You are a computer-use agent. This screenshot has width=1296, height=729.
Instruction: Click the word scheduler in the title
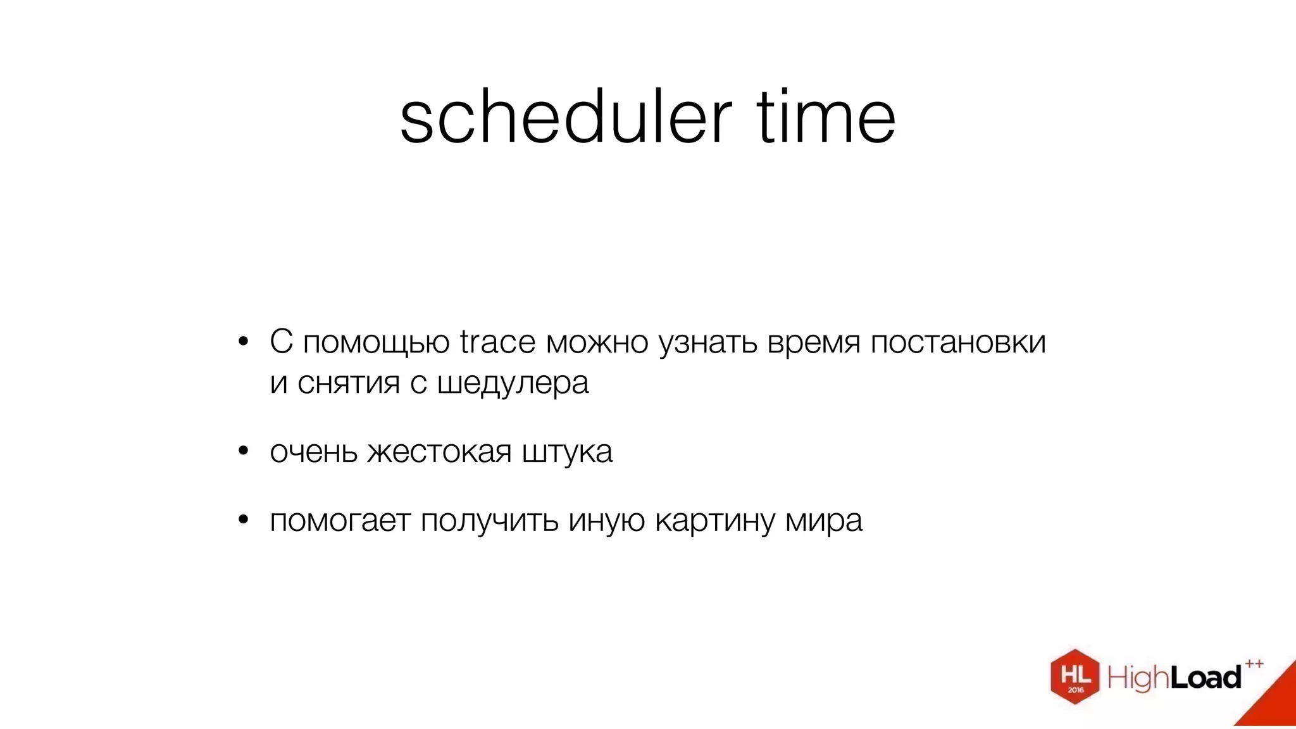565,118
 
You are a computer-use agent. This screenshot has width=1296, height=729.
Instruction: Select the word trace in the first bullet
497,342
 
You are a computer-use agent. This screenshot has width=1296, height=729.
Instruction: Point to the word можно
597,342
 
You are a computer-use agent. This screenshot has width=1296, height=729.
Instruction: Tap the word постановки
958,342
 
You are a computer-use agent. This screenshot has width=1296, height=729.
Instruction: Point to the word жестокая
439,452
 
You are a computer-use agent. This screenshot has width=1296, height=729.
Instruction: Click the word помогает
340,521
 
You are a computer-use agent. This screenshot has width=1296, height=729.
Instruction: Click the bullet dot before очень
244,452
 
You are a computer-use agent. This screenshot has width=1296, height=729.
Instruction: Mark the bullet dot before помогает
244,521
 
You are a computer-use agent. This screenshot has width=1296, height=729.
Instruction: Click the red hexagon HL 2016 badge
1075,676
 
